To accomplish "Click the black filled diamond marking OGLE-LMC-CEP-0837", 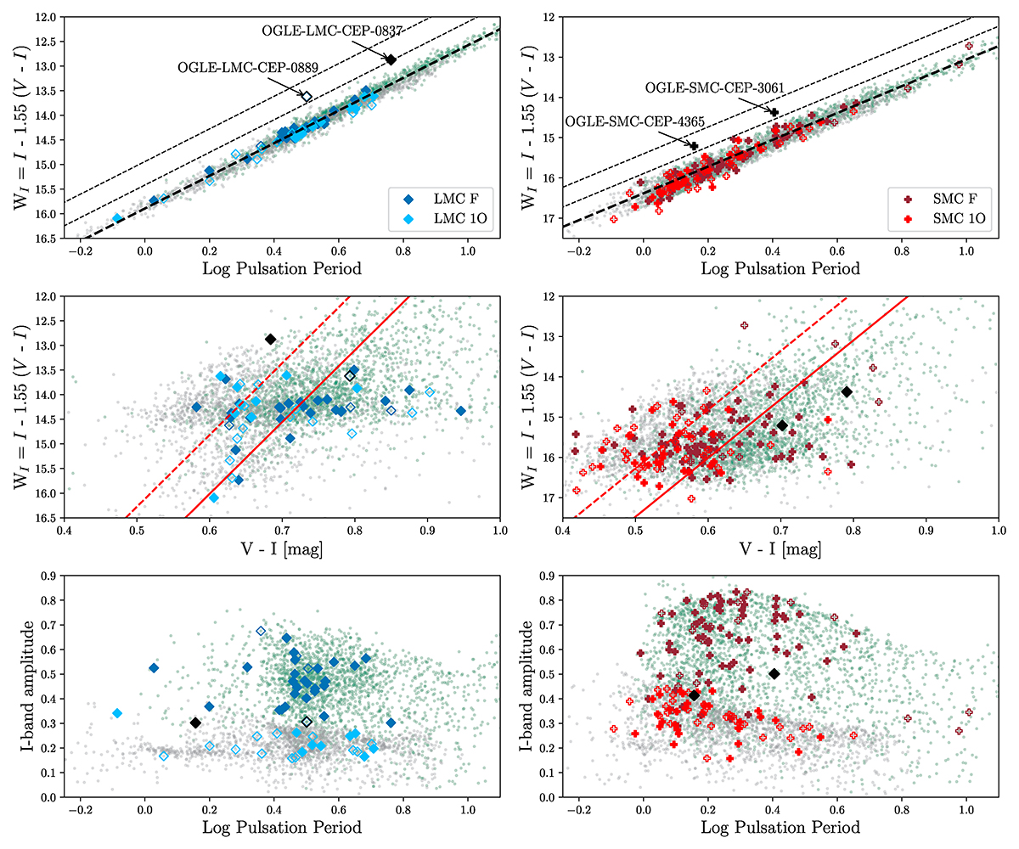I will [x=391, y=59].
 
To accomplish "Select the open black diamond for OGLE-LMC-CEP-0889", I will [x=307, y=97].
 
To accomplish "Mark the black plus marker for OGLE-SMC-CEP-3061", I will [x=774, y=112].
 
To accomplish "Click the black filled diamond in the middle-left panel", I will [x=271, y=339].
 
